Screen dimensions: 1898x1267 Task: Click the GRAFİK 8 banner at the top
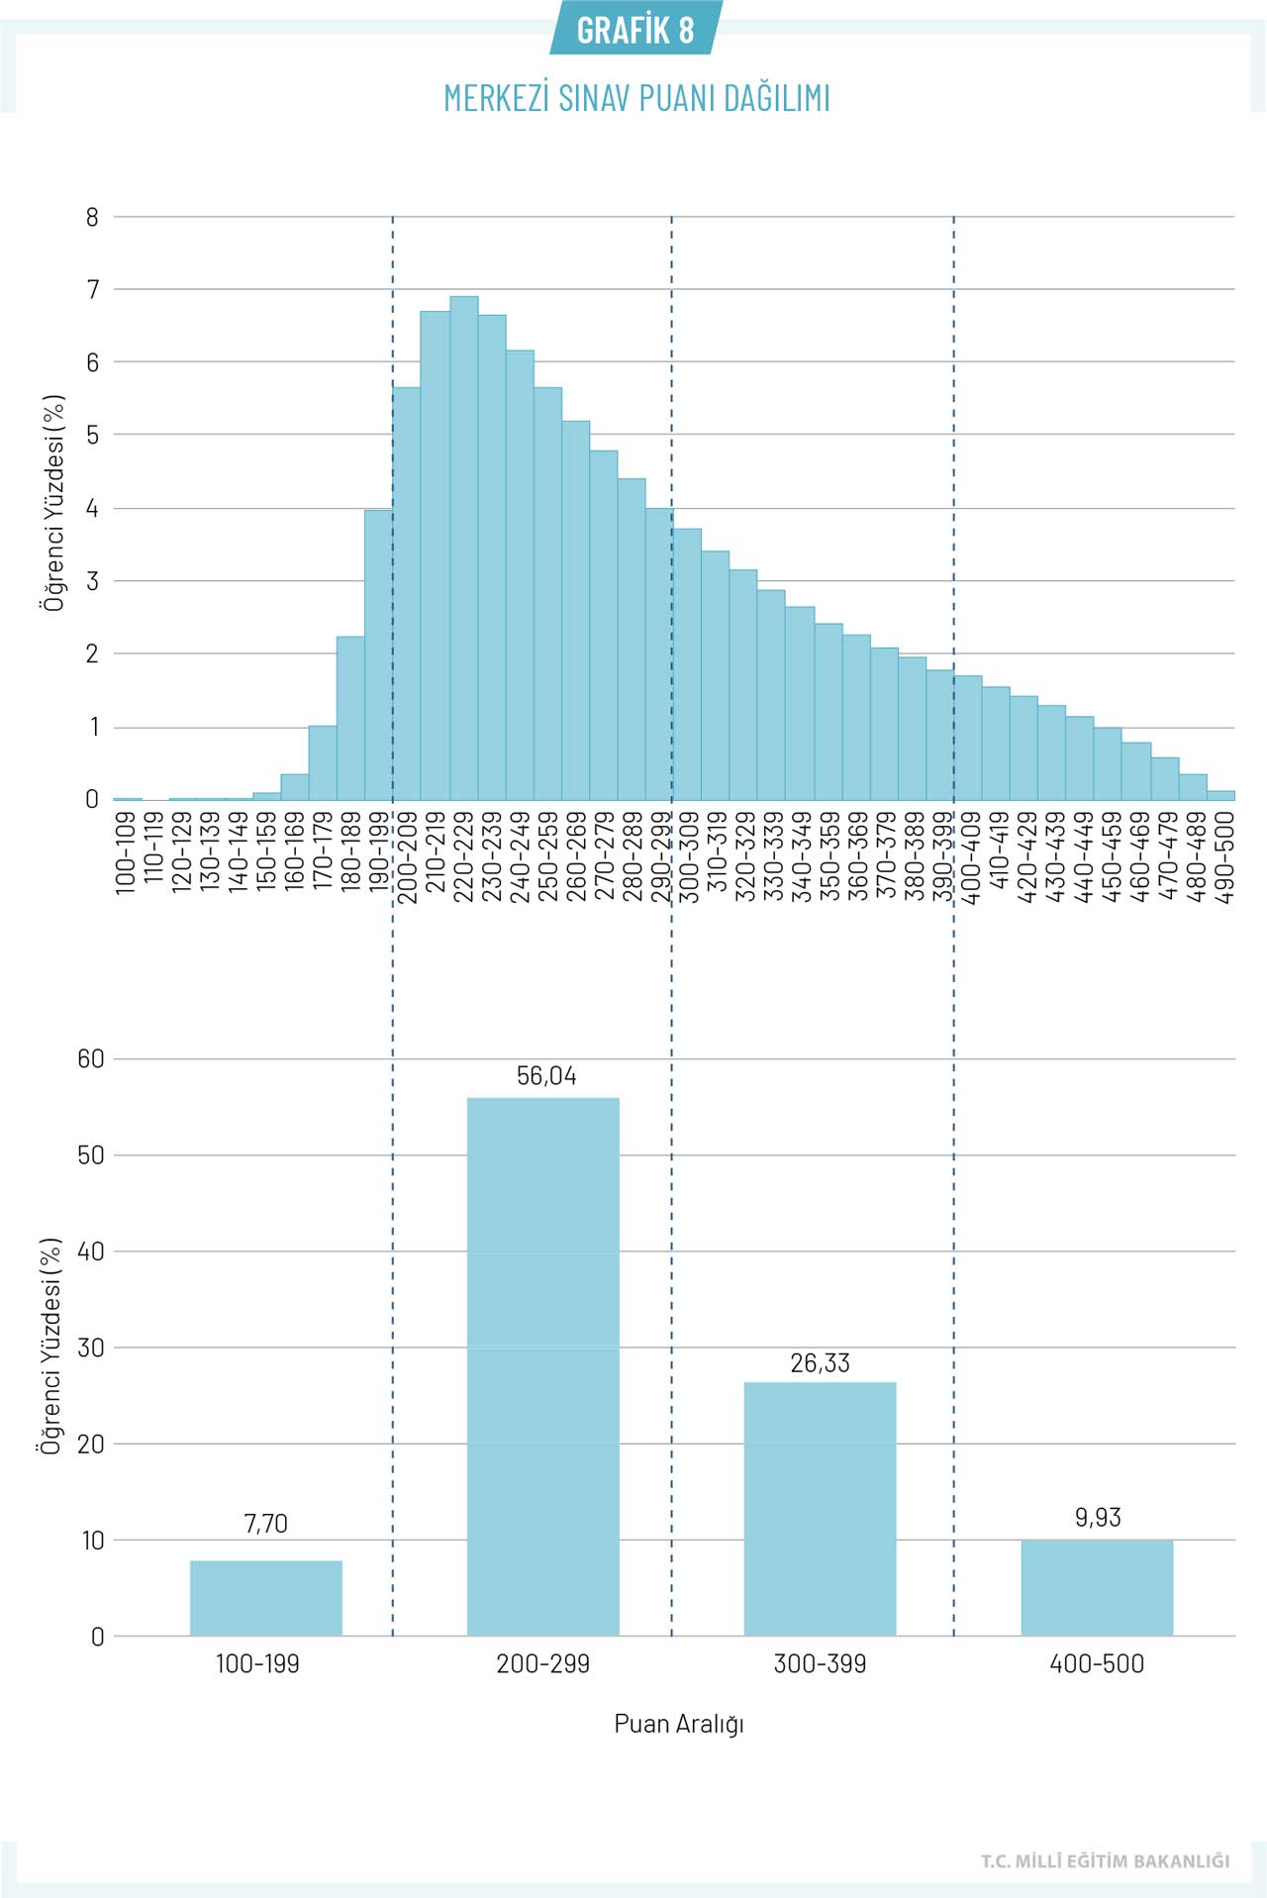click(x=635, y=30)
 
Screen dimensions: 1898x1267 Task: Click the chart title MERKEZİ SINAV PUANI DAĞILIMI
click(x=636, y=98)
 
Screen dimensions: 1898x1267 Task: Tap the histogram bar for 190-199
click(x=378, y=654)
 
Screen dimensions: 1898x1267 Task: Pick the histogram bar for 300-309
click(x=687, y=664)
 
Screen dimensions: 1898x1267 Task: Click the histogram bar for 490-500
click(x=1221, y=795)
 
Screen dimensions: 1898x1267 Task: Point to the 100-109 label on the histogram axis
click(x=126, y=853)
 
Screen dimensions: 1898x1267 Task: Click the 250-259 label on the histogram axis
click(x=547, y=857)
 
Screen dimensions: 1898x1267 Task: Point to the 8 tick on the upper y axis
click(x=93, y=217)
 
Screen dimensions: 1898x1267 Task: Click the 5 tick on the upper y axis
click(x=93, y=435)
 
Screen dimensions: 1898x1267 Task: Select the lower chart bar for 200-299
click(x=542, y=1366)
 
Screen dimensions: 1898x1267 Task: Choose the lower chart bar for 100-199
click(x=265, y=1598)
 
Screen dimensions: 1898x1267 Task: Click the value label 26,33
click(x=820, y=1363)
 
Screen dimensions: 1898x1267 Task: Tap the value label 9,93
click(x=1098, y=1518)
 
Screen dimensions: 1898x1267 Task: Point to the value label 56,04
click(x=546, y=1076)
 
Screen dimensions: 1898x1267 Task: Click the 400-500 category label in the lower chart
click(x=1097, y=1664)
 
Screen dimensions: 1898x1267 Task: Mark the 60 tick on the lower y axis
click(x=91, y=1059)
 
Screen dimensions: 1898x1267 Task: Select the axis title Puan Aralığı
click(x=679, y=1724)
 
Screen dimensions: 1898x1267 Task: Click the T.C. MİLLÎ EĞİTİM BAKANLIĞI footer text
click(x=1105, y=1861)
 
